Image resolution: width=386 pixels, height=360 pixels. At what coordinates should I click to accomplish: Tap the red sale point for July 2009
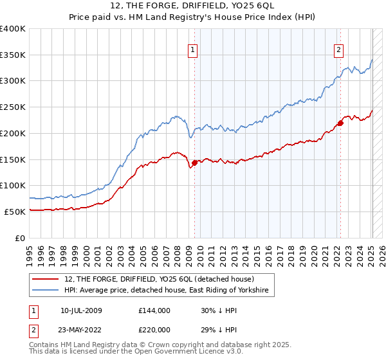click(194, 163)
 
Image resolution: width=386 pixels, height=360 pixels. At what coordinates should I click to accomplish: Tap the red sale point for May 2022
click(340, 123)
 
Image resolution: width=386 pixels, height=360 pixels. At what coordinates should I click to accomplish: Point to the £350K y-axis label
click(13, 55)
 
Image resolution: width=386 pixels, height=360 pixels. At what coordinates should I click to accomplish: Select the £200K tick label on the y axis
click(13, 133)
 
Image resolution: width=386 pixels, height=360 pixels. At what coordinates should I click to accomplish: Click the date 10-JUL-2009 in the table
click(86, 310)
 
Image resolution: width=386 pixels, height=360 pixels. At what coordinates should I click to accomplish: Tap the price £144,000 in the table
click(154, 310)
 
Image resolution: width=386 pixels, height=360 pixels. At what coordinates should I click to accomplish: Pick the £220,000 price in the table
click(154, 328)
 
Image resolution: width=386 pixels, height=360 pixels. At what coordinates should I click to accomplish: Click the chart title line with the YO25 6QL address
click(193, 7)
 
